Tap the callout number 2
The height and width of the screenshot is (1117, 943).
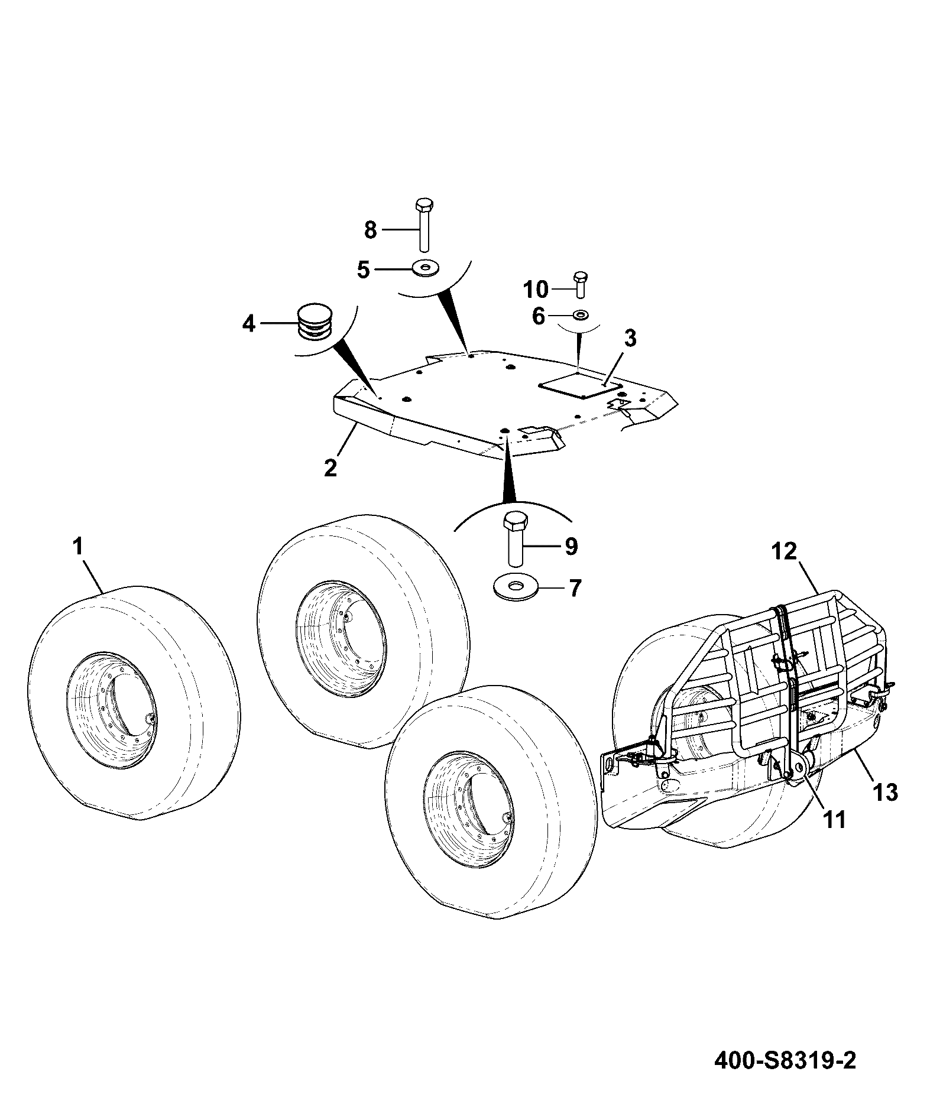[330, 467]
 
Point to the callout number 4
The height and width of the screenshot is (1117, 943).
[249, 323]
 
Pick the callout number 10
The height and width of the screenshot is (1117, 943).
[536, 290]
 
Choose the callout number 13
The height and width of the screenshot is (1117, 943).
[885, 791]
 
